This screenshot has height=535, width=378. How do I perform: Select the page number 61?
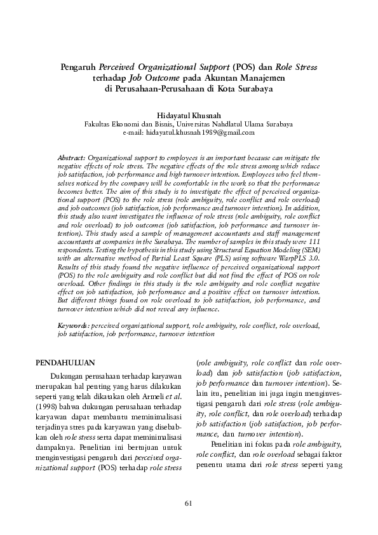click(189, 503)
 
